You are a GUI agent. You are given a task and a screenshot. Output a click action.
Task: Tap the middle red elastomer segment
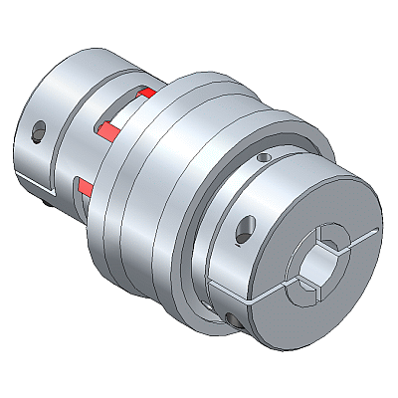(x=108, y=127)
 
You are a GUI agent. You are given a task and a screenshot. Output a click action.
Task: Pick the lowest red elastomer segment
(x=86, y=188)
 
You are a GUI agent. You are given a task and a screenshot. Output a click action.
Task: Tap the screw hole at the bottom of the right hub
(x=232, y=318)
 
